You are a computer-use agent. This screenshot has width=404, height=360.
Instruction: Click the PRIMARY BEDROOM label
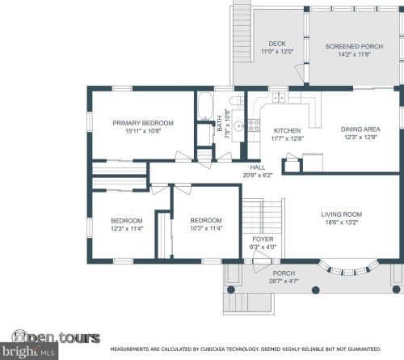143,123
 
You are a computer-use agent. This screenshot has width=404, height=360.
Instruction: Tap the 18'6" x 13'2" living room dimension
342,222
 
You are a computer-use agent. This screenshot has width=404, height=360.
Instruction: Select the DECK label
277,44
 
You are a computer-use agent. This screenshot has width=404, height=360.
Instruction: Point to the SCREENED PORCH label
354,46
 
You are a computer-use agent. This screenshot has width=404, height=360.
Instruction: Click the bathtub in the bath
205,106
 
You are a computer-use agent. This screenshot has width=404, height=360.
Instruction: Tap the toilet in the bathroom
237,101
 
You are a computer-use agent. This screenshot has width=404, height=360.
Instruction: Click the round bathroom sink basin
238,126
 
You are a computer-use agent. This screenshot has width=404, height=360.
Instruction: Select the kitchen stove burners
254,125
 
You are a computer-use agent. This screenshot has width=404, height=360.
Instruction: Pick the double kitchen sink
279,97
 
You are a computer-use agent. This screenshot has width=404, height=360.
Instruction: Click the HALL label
258,167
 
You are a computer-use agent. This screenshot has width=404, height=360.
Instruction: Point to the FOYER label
263,239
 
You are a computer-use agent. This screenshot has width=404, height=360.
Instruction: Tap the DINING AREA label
360,129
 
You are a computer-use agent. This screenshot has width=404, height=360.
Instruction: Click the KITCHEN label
287,131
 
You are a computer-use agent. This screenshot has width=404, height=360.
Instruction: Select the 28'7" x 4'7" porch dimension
284,282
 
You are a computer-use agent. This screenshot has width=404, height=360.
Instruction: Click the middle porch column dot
316,290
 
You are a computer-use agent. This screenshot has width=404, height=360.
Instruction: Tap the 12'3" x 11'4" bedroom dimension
127,229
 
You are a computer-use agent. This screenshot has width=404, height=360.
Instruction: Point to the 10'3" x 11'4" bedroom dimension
206,228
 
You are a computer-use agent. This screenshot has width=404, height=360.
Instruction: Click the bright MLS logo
29,351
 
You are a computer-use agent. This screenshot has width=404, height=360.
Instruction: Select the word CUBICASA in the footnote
213,349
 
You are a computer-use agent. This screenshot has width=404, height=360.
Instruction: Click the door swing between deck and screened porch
299,73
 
